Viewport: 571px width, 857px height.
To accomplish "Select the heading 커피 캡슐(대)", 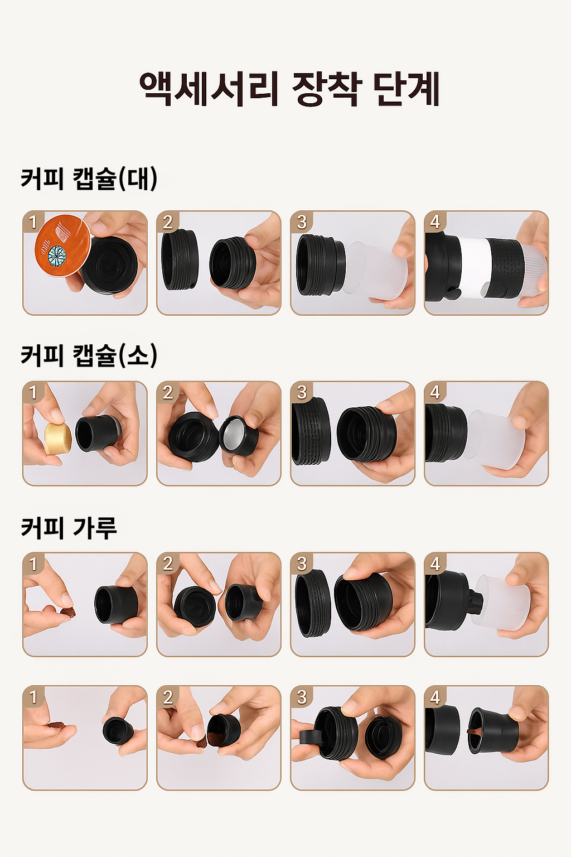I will pyautogui.click(x=89, y=179).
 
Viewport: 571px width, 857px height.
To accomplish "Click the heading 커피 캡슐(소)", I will pyautogui.click(x=89, y=355).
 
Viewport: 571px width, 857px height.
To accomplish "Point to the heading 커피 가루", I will pyautogui.click(x=69, y=527).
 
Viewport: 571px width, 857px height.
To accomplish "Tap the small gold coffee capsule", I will pyautogui.click(x=57, y=437).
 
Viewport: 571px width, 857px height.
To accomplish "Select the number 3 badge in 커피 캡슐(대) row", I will pyautogui.click(x=302, y=222).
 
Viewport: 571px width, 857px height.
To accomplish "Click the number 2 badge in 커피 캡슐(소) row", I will pyautogui.click(x=168, y=392).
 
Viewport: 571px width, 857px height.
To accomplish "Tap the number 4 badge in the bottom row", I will pyautogui.click(x=435, y=696).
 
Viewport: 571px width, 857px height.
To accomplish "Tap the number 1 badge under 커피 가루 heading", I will pyautogui.click(x=33, y=564).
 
